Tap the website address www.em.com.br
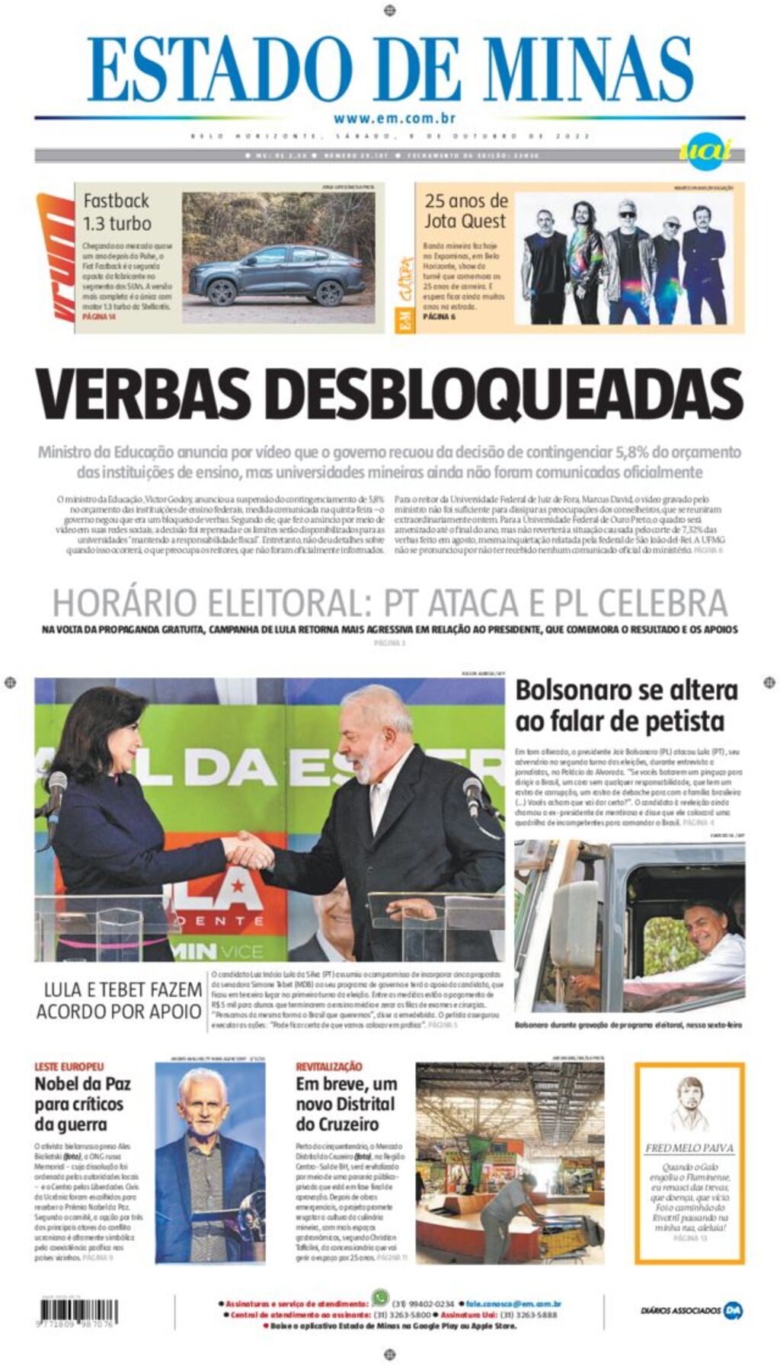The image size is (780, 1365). pyautogui.click(x=394, y=118)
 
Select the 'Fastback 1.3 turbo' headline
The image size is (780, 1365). pyautogui.click(x=117, y=213)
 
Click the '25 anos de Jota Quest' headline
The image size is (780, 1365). pyautogui.click(x=465, y=211)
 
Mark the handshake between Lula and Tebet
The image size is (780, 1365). pyautogui.click(x=248, y=849)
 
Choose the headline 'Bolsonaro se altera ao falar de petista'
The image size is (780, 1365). pyautogui.click(x=626, y=705)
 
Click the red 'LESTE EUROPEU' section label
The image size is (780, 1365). pyautogui.click(x=69, y=1066)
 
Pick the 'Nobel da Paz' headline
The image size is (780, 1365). pyautogui.click(x=82, y=1104)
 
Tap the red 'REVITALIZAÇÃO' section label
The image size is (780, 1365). pyautogui.click(x=329, y=1066)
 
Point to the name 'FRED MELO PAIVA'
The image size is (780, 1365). pyautogui.click(x=689, y=1148)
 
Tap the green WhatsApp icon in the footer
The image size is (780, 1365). pyautogui.click(x=379, y=1297)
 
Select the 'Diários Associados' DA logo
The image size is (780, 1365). pyautogui.click(x=733, y=1311)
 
